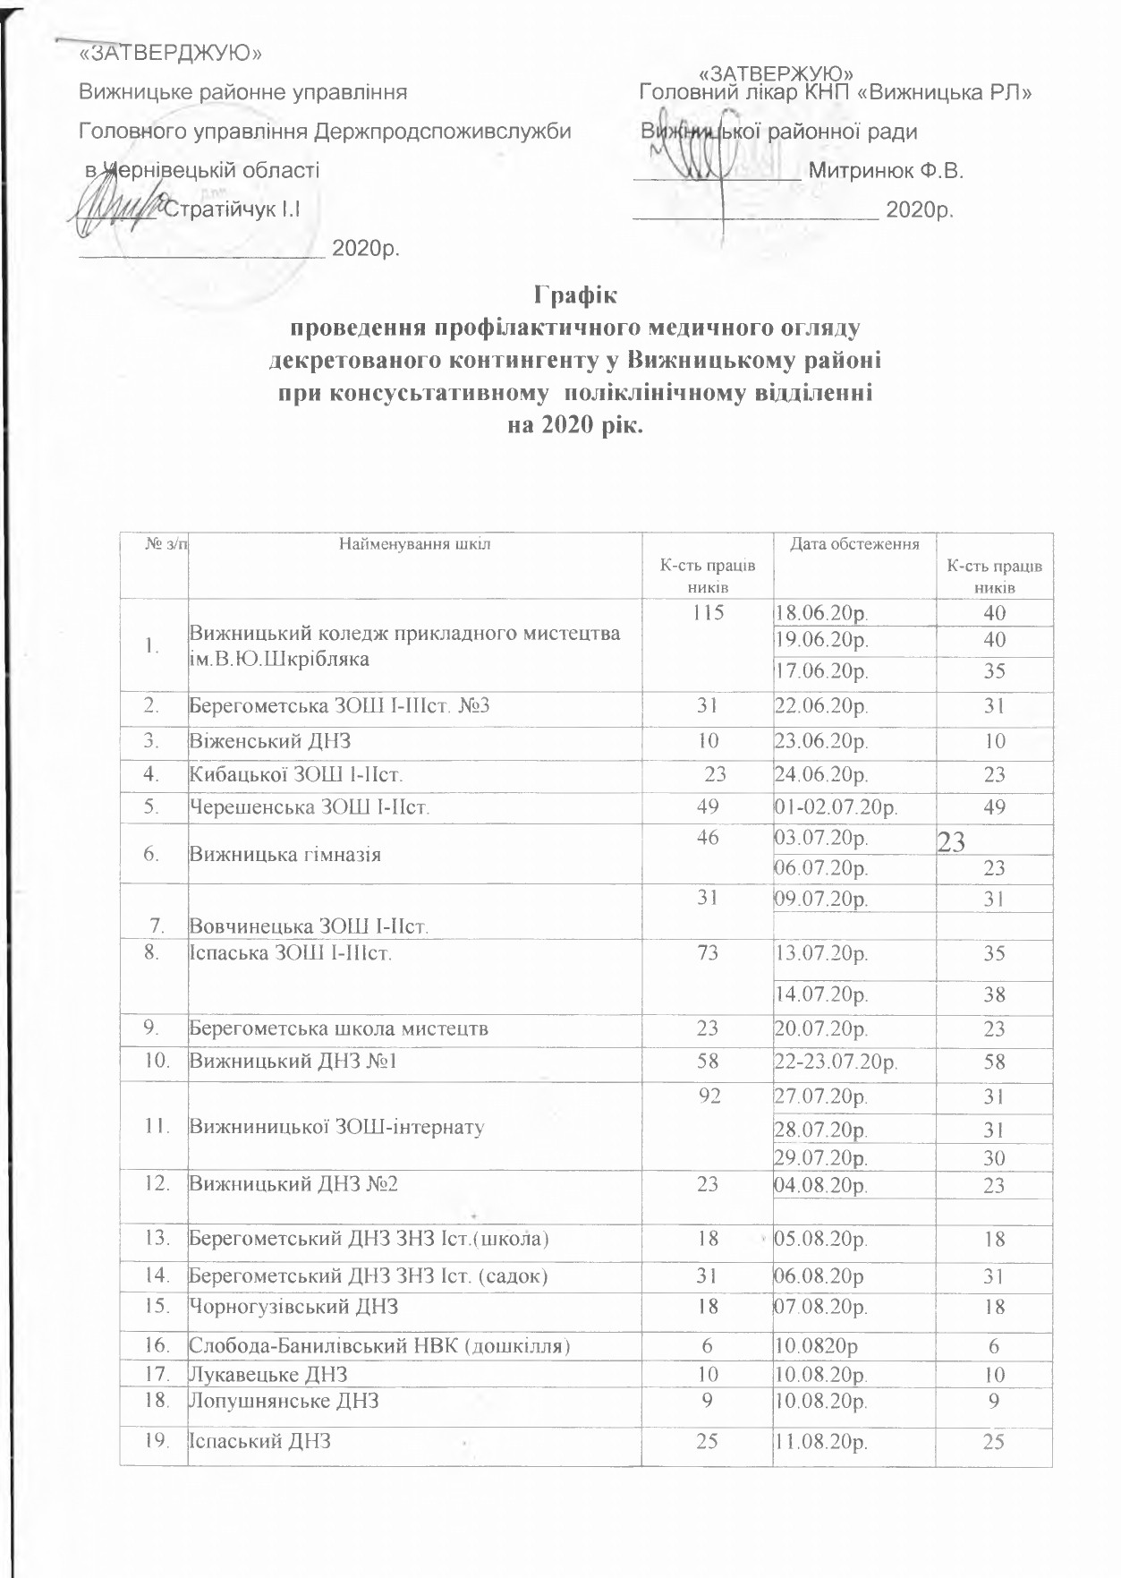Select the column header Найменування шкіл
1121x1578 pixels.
click(415, 543)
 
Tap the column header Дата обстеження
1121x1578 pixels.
click(853, 543)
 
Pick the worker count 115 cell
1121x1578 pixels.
click(707, 613)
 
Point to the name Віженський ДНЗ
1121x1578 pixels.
click(269, 741)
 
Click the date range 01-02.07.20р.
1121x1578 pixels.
click(837, 807)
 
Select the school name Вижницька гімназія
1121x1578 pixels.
click(284, 855)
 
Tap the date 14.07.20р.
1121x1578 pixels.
click(821, 994)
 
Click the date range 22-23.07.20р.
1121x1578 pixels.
click(837, 1062)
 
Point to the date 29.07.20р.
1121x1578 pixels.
click(821, 1158)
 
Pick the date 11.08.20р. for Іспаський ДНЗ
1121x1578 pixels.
click(821, 1442)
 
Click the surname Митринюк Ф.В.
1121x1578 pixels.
click(885, 170)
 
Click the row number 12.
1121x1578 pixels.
click(158, 1184)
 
